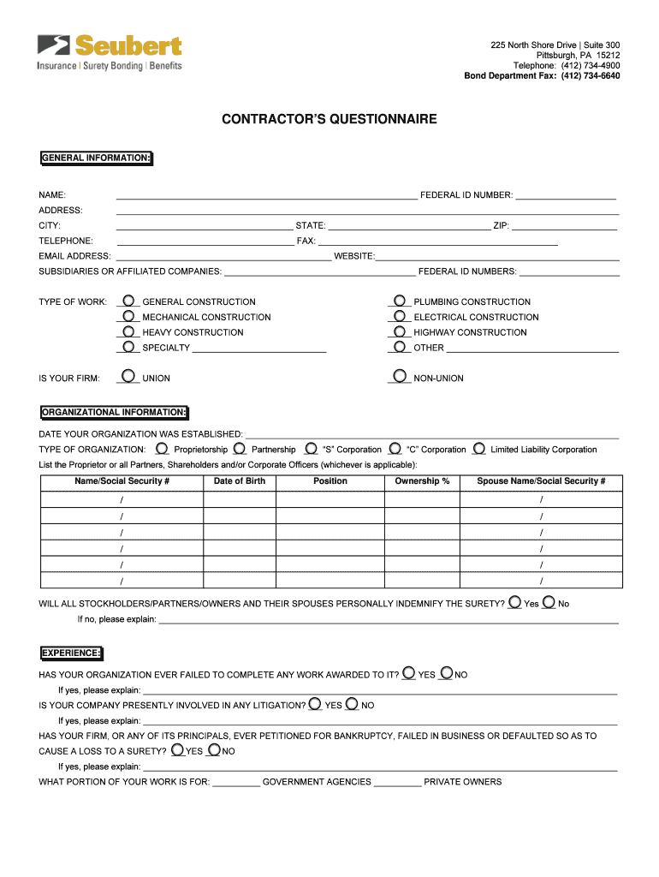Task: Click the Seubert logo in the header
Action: tap(110, 52)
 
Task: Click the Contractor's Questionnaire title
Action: tap(329, 119)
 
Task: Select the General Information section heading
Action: tap(96, 158)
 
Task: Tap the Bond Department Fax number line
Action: tap(542, 76)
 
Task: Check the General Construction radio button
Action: tap(128, 301)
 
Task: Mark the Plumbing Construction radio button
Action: tap(400, 301)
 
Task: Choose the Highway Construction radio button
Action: tap(400, 331)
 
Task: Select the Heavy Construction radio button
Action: tap(128, 331)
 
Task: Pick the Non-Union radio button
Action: tap(400, 376)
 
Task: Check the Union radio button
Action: tap(128, 376)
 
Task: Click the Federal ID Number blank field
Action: tap(566, 195)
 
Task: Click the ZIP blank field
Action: tap(564, 226)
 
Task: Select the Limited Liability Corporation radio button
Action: tap(479, 448)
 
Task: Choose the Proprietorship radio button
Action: tap(162, 448)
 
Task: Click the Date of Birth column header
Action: tap(240, 481)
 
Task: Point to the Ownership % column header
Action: tap(422, 481)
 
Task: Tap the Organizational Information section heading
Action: tap(113, 412)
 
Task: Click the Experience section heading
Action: tap(71, 653)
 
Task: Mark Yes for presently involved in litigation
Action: tap(315, 704)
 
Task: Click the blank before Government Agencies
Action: tap(236, 782)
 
